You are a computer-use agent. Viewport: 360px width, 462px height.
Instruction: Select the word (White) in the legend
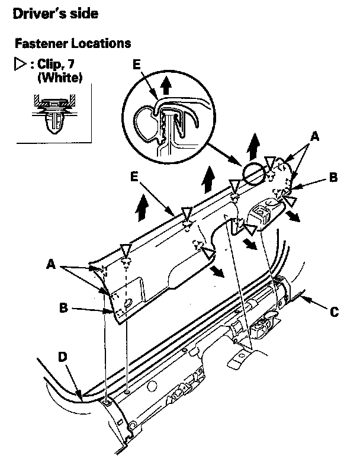[59, 77]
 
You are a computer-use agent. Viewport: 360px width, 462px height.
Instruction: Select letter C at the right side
[335, 312]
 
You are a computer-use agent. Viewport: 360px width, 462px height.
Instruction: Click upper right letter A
[315, 136]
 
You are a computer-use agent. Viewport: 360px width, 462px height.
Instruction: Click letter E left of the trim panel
[136, 176]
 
